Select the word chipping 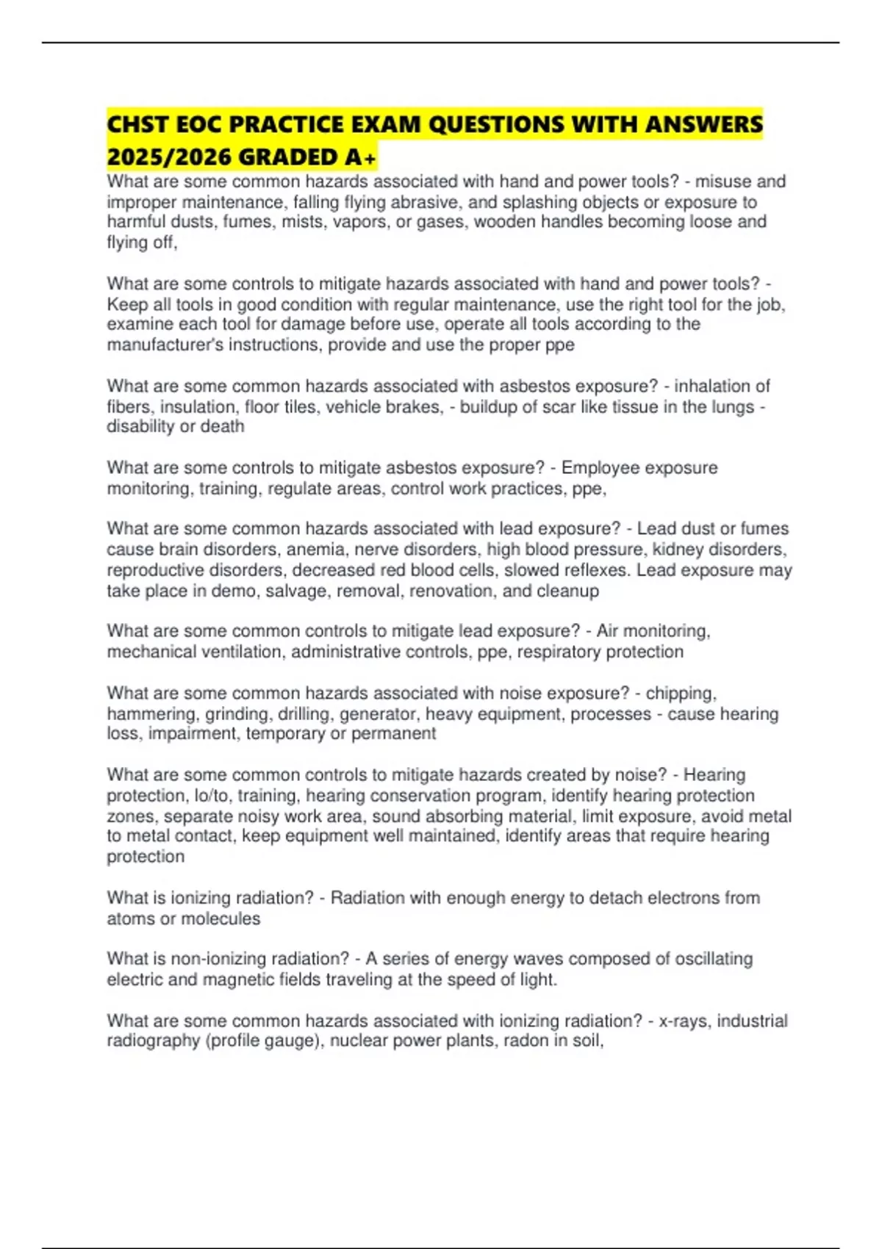pyautogui.click(x=680, y=694)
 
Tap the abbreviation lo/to pyautogui.click(x=211, y=796)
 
